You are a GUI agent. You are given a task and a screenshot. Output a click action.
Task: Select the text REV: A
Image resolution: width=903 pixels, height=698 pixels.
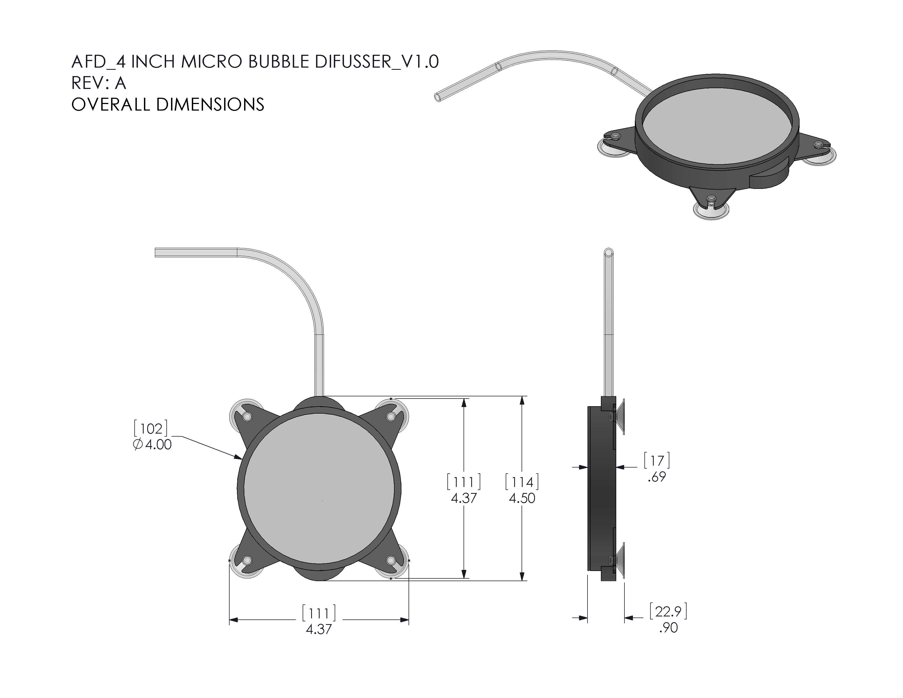click(99, 83)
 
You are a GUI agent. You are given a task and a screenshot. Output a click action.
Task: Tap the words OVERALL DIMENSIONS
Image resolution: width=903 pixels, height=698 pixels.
click(167, 105)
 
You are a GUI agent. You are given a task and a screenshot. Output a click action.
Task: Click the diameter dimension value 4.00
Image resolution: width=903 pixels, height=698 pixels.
click(158, 445)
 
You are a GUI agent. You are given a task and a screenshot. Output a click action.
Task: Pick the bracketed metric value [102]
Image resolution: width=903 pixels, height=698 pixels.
click(151, 428)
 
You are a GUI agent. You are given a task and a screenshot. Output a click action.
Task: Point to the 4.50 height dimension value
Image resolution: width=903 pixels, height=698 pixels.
click(522, 498)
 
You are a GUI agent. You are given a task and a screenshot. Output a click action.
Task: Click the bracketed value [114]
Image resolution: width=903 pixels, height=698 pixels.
click(522, 482)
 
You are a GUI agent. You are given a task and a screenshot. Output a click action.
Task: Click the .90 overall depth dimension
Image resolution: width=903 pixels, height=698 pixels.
click(668, 628)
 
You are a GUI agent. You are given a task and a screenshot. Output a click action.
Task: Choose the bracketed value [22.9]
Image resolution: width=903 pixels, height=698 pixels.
click(668, 611)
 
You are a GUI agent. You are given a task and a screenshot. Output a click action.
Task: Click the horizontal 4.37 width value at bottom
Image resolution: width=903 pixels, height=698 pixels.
click(319, 629)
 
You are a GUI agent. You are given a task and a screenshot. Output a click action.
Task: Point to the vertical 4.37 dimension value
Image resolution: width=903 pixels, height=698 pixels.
click(464, 498)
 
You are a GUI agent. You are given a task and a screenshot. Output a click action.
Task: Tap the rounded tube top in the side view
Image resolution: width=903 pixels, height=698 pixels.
click(609, 252)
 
